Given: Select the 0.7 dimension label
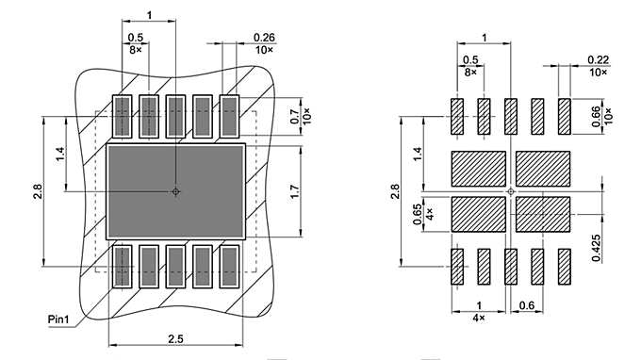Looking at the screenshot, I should point(293,118).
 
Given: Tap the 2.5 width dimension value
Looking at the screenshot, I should point(175,336).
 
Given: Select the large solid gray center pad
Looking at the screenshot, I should point(175,191).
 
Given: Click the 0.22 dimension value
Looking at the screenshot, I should point(597,59).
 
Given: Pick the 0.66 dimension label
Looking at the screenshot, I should point(596,116).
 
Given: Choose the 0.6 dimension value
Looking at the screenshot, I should point(527,305).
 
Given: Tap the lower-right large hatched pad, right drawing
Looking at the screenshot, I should point(543,214).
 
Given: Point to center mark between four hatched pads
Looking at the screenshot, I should point(511,192).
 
